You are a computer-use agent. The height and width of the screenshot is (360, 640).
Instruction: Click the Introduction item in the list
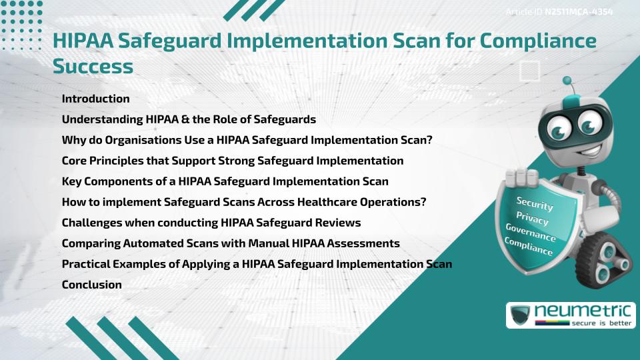click(x=95, y=99)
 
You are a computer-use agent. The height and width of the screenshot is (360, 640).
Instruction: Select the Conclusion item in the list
click(x=91, y=285)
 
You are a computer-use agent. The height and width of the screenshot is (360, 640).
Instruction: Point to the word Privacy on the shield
click(x=532, y=218)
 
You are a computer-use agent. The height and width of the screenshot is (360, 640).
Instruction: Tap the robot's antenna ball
click(x=567, y=81)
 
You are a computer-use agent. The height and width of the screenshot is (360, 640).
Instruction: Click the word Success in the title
click(x=93, y=66)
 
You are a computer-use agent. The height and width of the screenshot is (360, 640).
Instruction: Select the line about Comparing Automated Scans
click(x=231, y=243)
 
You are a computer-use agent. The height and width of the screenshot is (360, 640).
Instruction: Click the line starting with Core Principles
click(x=232, y=161)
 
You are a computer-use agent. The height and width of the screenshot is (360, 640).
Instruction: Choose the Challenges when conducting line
click(x=211, y=223)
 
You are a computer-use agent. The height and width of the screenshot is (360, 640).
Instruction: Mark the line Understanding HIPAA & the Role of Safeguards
click(x=189, y=119)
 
